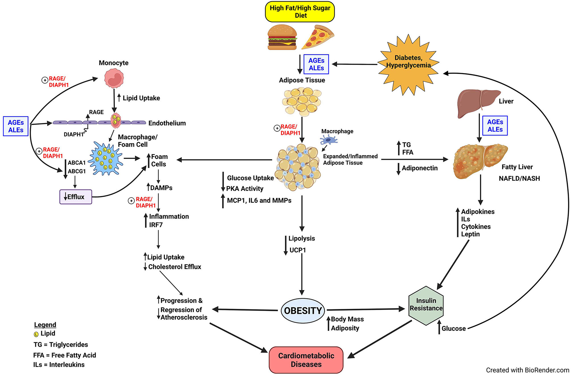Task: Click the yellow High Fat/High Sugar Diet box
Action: coord(300,12)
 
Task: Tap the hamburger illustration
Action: coord(282,38)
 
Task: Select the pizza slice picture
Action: coord(317,37)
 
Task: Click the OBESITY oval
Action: coord(303,311)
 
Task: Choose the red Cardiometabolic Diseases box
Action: coord(306,360)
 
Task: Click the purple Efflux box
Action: coord(76,197)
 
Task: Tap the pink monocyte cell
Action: coord(114,79)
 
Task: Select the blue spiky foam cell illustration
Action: coord(105,158)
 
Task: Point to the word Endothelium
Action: coord(167,123)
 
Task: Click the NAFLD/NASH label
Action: coord(519,178)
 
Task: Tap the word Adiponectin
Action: coord(420,168)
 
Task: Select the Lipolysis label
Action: coord(301,238)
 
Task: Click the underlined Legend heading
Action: coord(45,325)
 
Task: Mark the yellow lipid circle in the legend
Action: coord(36,334)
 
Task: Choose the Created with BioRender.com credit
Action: coord(527,370)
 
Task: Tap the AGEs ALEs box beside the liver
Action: coord(495,126)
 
